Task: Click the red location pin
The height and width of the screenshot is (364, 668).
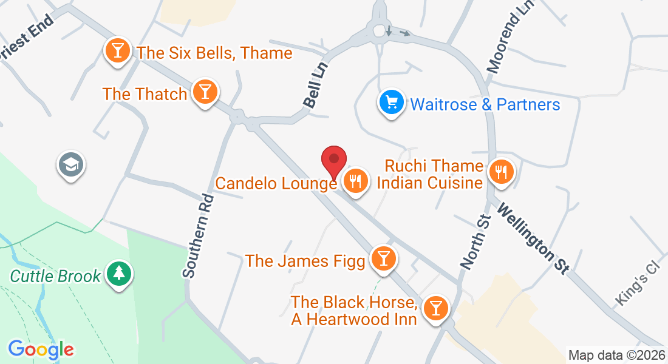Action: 333,161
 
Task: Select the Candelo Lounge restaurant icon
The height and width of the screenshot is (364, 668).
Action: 355,180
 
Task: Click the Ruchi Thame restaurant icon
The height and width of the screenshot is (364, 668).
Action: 500,171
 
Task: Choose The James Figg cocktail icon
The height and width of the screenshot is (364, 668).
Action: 383,258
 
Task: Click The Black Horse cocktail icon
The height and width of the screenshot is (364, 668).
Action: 435,307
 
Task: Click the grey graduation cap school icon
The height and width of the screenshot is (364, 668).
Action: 71,164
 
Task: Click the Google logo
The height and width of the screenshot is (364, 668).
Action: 41,349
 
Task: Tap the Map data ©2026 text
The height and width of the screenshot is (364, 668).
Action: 616,356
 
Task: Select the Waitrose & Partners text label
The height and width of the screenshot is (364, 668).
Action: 485,104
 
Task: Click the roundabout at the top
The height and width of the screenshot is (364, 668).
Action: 380,30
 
